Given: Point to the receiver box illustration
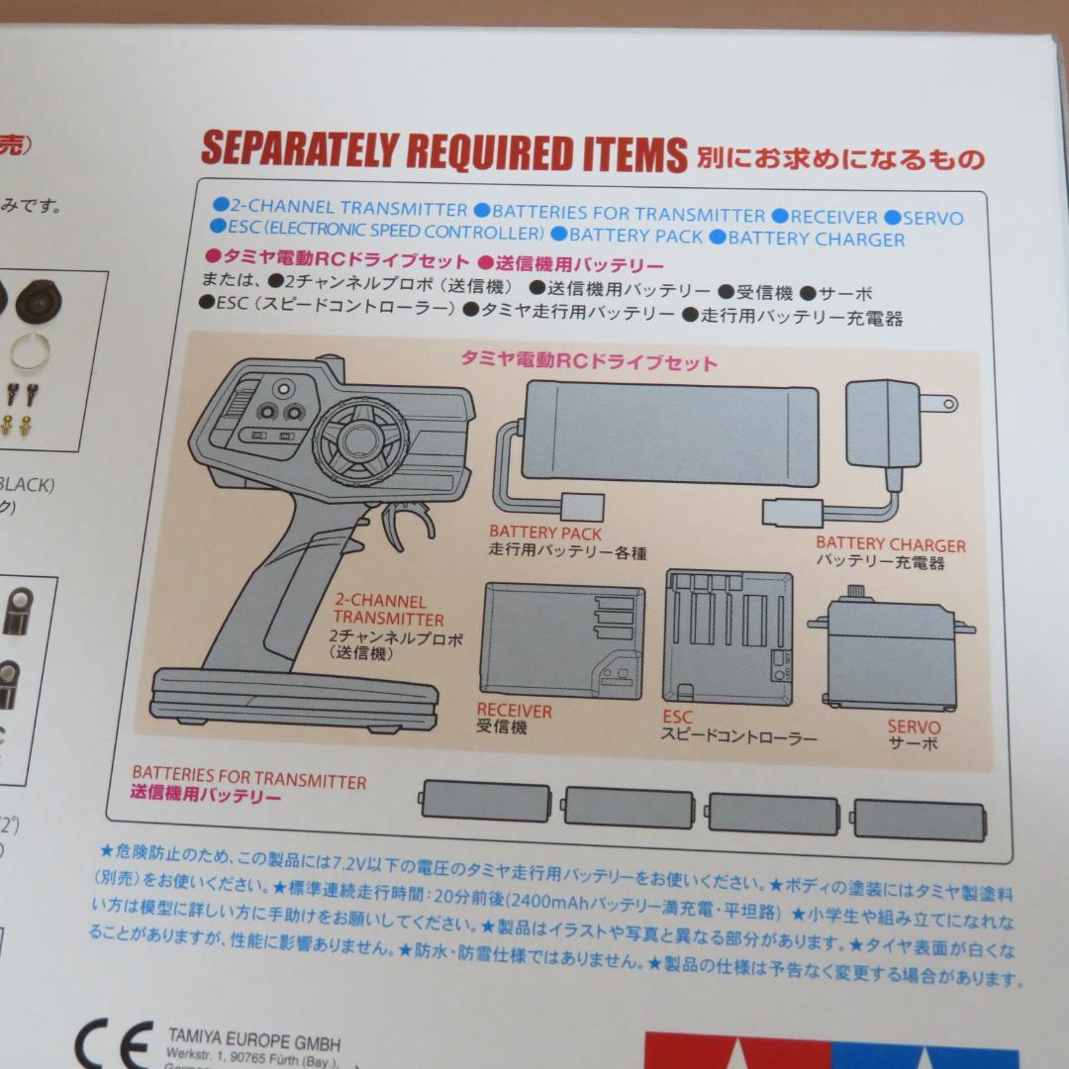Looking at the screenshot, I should click(561, 639).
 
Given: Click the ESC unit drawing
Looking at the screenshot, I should click(729, 637).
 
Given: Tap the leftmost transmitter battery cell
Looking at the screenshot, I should click(485, 801).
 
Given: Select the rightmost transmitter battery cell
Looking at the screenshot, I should click(919, 819).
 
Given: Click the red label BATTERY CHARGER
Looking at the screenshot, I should click(890, 544).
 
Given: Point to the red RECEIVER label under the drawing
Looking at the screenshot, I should click(514, 711).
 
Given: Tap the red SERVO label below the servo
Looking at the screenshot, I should click(914, 728).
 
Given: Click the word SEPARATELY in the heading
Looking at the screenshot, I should click(297, 149).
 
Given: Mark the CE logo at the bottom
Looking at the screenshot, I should click(114, 1044).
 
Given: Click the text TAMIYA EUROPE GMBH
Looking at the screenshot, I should click(253, 1043).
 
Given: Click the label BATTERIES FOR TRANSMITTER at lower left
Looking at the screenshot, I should click(249, 780).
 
